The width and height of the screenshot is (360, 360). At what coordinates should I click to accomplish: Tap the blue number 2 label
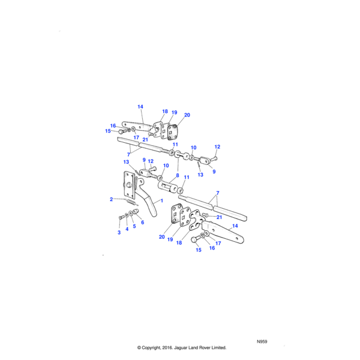pos(111,199)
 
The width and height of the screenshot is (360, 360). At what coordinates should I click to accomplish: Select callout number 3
pos(119,232)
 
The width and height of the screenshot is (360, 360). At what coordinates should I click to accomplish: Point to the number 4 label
pos(127,229)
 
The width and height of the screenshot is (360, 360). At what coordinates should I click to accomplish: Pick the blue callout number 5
pos(134,226)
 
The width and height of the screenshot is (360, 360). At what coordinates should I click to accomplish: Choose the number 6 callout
pos(142,222)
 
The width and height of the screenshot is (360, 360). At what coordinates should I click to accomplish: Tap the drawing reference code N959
pos(262,341)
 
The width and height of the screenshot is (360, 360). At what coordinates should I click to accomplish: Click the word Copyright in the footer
pos(155,347)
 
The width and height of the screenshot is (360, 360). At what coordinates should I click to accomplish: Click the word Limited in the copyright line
pos(236,347)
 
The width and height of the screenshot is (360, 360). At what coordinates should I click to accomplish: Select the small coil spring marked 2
pos(133,202)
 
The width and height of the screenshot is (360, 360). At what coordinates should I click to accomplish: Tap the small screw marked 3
pos(121,217)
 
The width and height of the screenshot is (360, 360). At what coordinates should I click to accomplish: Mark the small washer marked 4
pos(127,215)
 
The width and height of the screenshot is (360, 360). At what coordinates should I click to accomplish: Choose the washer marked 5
pos(131,212)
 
